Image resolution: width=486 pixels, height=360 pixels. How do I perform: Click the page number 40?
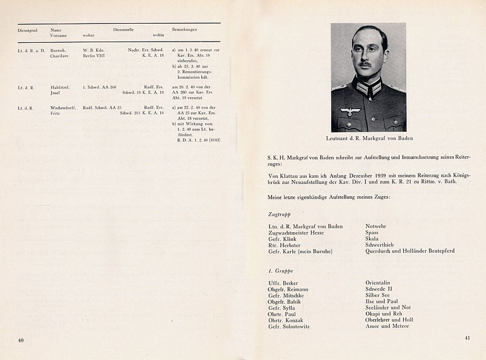point(21,340)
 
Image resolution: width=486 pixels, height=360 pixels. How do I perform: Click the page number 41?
point(467,338)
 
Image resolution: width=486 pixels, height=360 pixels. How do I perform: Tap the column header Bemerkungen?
point(185,29)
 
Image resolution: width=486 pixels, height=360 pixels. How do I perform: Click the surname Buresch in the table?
point(58,50)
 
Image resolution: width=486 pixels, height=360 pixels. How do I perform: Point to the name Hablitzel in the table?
point(60,87)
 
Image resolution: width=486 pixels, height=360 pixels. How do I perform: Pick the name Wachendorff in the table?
point(63,107)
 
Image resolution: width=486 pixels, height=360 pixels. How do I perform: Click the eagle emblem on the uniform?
point(350,111)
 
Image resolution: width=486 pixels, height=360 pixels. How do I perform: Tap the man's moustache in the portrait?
point(365,65)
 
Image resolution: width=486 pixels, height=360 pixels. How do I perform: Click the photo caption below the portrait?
point(368,138)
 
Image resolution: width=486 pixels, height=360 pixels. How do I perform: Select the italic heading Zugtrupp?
point(280,214)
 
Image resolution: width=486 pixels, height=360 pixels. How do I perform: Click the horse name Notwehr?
point(376,226)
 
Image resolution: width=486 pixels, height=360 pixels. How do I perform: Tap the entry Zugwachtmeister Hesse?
point(297,232)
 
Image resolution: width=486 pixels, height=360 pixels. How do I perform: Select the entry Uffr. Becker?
point(283,283)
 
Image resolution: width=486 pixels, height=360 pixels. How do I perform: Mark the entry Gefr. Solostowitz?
point(289,326)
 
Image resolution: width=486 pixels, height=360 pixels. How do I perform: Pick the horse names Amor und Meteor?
point(387,326)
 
